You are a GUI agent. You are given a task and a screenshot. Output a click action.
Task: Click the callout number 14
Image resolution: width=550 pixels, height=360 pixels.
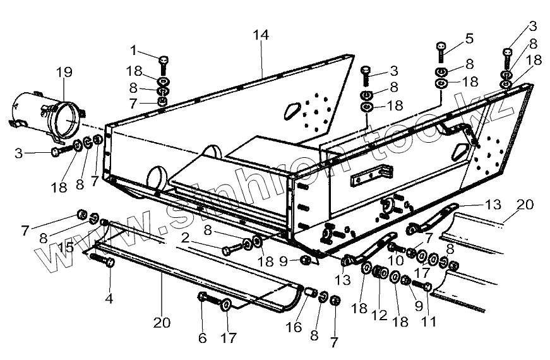[261, 35]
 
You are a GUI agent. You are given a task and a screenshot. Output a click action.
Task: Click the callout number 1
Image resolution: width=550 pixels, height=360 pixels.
[134, 49]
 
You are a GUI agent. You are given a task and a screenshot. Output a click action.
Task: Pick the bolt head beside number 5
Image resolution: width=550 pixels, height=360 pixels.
[441, 48]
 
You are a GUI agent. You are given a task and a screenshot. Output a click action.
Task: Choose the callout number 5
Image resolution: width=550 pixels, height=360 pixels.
[469, 38]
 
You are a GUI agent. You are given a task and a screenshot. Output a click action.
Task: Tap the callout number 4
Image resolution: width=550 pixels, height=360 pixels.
[109, 297]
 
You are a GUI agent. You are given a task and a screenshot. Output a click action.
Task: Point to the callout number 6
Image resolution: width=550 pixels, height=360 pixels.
[202, 339]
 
